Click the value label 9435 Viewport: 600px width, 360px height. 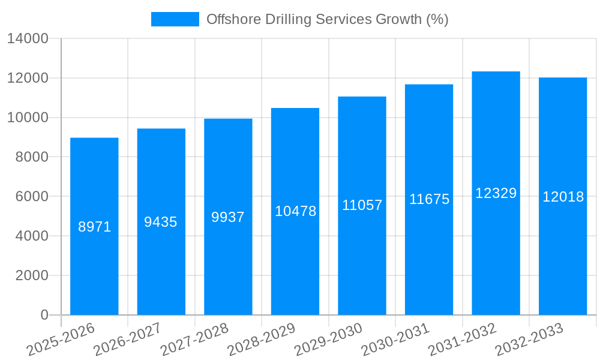(x=161, y=222)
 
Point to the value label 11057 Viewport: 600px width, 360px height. (x=362, y=205)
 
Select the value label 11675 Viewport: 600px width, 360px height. (x=429, y=199)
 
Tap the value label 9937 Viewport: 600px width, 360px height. (x=228, y=217)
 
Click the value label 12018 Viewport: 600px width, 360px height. (x=563, y=197)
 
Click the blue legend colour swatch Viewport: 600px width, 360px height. (x=175, y=19)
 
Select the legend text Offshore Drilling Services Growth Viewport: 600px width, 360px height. (x=327, y=19)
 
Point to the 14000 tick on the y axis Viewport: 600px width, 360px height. (x=28, y=39)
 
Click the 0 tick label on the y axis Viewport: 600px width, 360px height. (x=44, y=315)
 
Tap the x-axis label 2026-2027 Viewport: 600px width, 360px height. (x=128, y=338)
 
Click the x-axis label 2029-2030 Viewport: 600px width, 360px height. (x=329, y=338)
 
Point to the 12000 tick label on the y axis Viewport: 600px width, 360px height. (x=28, y=79)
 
